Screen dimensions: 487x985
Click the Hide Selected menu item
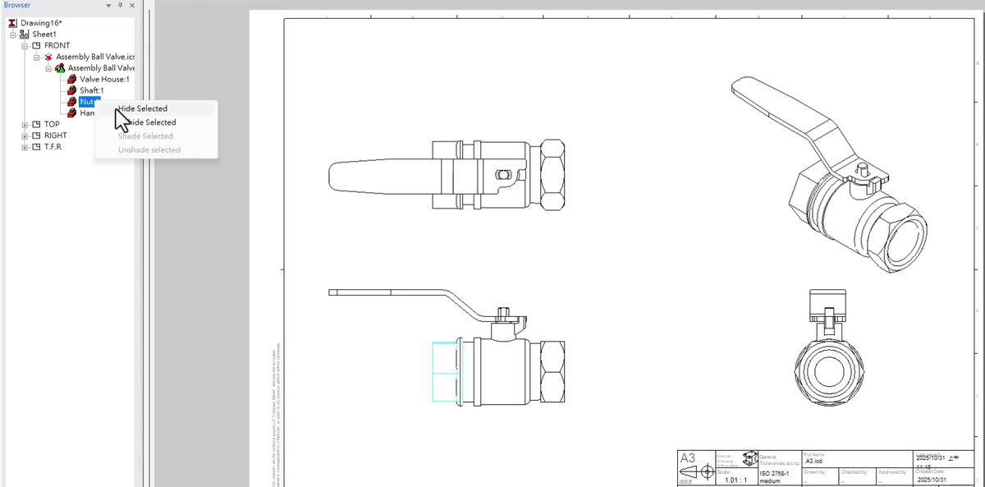tap(143, 108)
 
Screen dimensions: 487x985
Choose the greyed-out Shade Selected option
tap(145, 136)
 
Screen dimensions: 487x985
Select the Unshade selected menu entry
tap(149, 150)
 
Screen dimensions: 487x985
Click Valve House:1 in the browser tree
tap(104, 79)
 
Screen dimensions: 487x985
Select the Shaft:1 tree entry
tap(91, 90)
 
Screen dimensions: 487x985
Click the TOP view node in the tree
tap(51, 125)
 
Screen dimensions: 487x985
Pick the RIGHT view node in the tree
tap(55, 136)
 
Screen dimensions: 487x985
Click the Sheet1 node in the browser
tap(44, 34)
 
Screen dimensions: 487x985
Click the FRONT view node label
tap(57, 45)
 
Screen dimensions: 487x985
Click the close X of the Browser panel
tap(132, 6)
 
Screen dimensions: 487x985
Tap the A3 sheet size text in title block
tap(688, 458)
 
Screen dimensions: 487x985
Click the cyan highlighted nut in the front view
tap(447, 371)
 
